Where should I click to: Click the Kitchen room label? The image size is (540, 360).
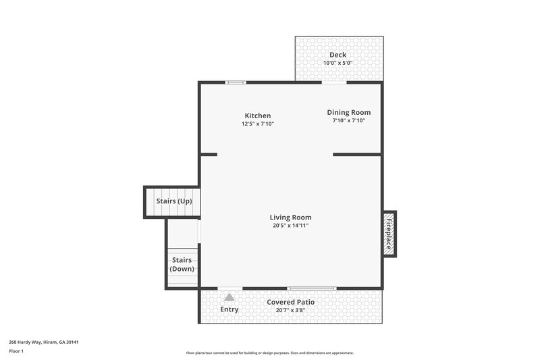coord(257,115)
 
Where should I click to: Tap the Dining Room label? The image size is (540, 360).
coord(348,112)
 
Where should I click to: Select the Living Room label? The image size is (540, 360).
coord(290,217)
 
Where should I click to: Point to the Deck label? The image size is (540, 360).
coord(337,55)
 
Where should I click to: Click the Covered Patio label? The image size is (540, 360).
coord(290,302)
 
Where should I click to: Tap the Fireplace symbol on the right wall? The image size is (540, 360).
coord(389,234)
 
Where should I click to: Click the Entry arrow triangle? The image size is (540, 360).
coord(230,297)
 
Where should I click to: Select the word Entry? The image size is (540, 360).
coord(230,309)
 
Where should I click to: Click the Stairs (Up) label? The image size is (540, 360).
coord(173,201)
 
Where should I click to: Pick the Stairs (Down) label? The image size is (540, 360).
coord(182,264)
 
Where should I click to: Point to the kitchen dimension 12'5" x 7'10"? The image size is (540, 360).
coord(257,124)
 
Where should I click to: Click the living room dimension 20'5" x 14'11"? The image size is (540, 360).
coord(290,226)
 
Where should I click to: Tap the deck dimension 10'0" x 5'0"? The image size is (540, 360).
coord(337,63)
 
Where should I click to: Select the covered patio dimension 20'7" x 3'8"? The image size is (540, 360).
coord(290,310)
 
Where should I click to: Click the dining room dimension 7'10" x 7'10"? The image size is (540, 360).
coord(348,121)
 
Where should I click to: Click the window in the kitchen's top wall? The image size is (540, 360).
coord(235,82)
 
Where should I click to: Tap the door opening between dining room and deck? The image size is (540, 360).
coord(334,82)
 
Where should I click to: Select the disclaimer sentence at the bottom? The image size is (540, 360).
coord(270,353)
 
